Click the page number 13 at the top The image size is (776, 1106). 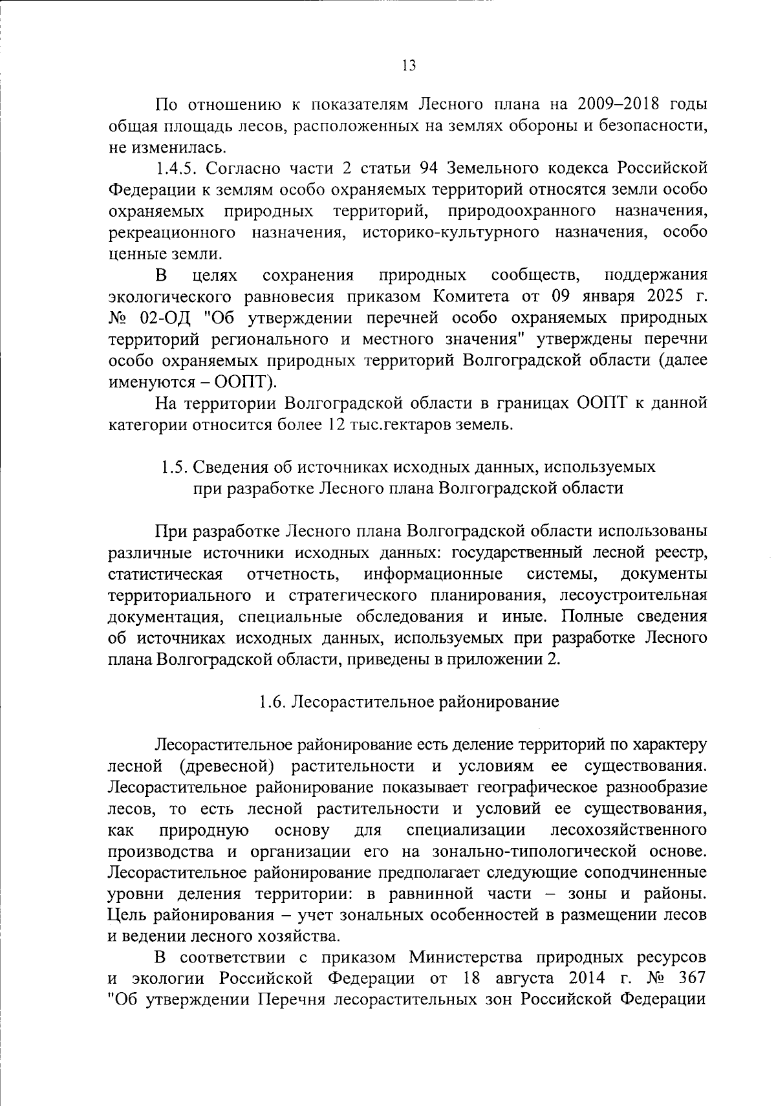[409, 65]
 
